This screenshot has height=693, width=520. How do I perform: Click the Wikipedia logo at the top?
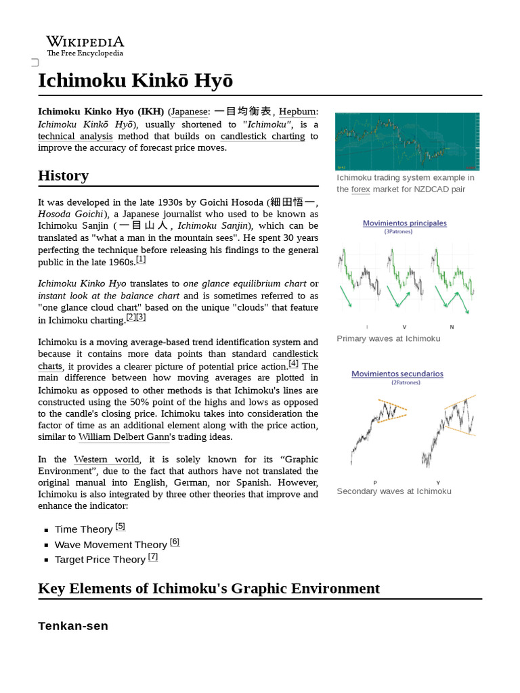(85, 45)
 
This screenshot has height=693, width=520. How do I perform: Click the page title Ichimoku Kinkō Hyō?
(135, 81)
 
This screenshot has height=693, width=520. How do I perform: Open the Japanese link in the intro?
(190, 112)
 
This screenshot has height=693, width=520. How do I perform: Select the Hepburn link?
(298, 112)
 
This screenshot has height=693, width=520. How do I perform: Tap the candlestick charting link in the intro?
(263, 136)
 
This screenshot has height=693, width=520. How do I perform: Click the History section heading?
(63, 176)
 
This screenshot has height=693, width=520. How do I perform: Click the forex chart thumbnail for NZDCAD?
(407, 141)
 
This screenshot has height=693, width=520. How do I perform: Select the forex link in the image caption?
(360, 189)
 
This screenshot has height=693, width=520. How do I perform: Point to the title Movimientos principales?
(404, 223)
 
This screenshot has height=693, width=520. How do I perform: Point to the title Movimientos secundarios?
(397, 374)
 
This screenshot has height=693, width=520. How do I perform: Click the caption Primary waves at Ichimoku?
(388, 338)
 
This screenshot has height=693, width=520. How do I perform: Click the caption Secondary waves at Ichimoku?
(393, 491)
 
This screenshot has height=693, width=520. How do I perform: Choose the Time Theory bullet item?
(83, 529)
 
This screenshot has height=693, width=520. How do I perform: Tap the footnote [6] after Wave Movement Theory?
(175, 542)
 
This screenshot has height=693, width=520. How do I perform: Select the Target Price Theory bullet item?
(100, 559)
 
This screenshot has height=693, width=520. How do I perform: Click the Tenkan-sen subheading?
(73, 626)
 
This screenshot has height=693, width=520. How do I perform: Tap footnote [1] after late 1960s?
(141, 260)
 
